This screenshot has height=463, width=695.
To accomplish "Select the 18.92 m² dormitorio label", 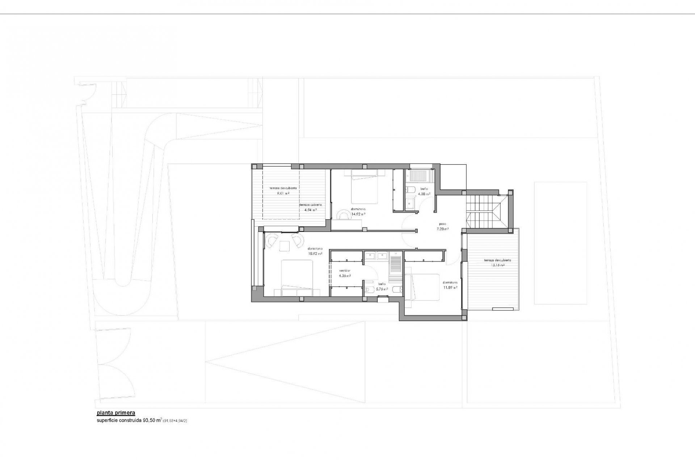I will pyautogui.click(x=315, y=251).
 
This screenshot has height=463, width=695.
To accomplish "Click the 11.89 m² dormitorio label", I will pyautogui.click(x=450, y=285).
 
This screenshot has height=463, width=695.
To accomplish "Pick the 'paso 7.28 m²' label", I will pyautogui.click(x=442, y=226).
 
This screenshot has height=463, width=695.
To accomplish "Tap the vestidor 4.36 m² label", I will pyautogui.click(x=345, y=273).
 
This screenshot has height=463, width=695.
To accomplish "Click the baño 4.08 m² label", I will pyautogui.click(x=424, y=191).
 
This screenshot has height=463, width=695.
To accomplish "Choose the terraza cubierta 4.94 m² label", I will pyautogui.click(x=310, y=207).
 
